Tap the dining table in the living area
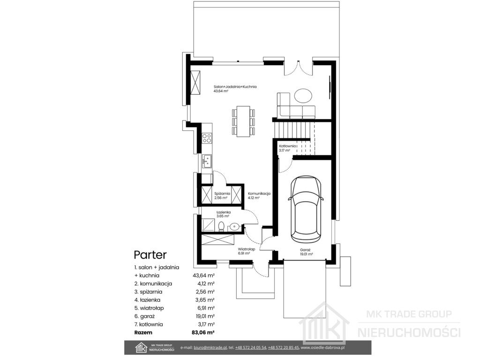pos(243,121)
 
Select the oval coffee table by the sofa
pos(303,96)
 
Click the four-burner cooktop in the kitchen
pos(207,138)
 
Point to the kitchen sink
pos(207,161)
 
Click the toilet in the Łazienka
pos(221,226)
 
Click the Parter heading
pos(150,255)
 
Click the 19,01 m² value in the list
pos(203,316)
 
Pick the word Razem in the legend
pos(143,332)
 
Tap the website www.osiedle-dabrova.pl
pos(322,347)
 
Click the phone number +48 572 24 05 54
pos(251,347)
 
